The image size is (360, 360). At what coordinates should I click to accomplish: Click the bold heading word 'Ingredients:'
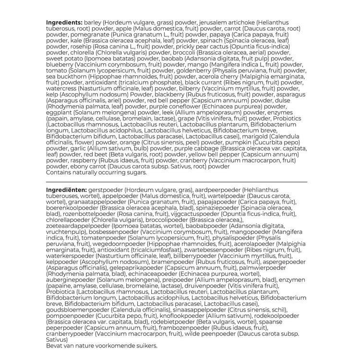pos(64,23)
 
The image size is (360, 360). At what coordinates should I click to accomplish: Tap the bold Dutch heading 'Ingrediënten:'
pos(67,191)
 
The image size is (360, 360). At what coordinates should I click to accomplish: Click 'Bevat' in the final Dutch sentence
pos(55,345)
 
